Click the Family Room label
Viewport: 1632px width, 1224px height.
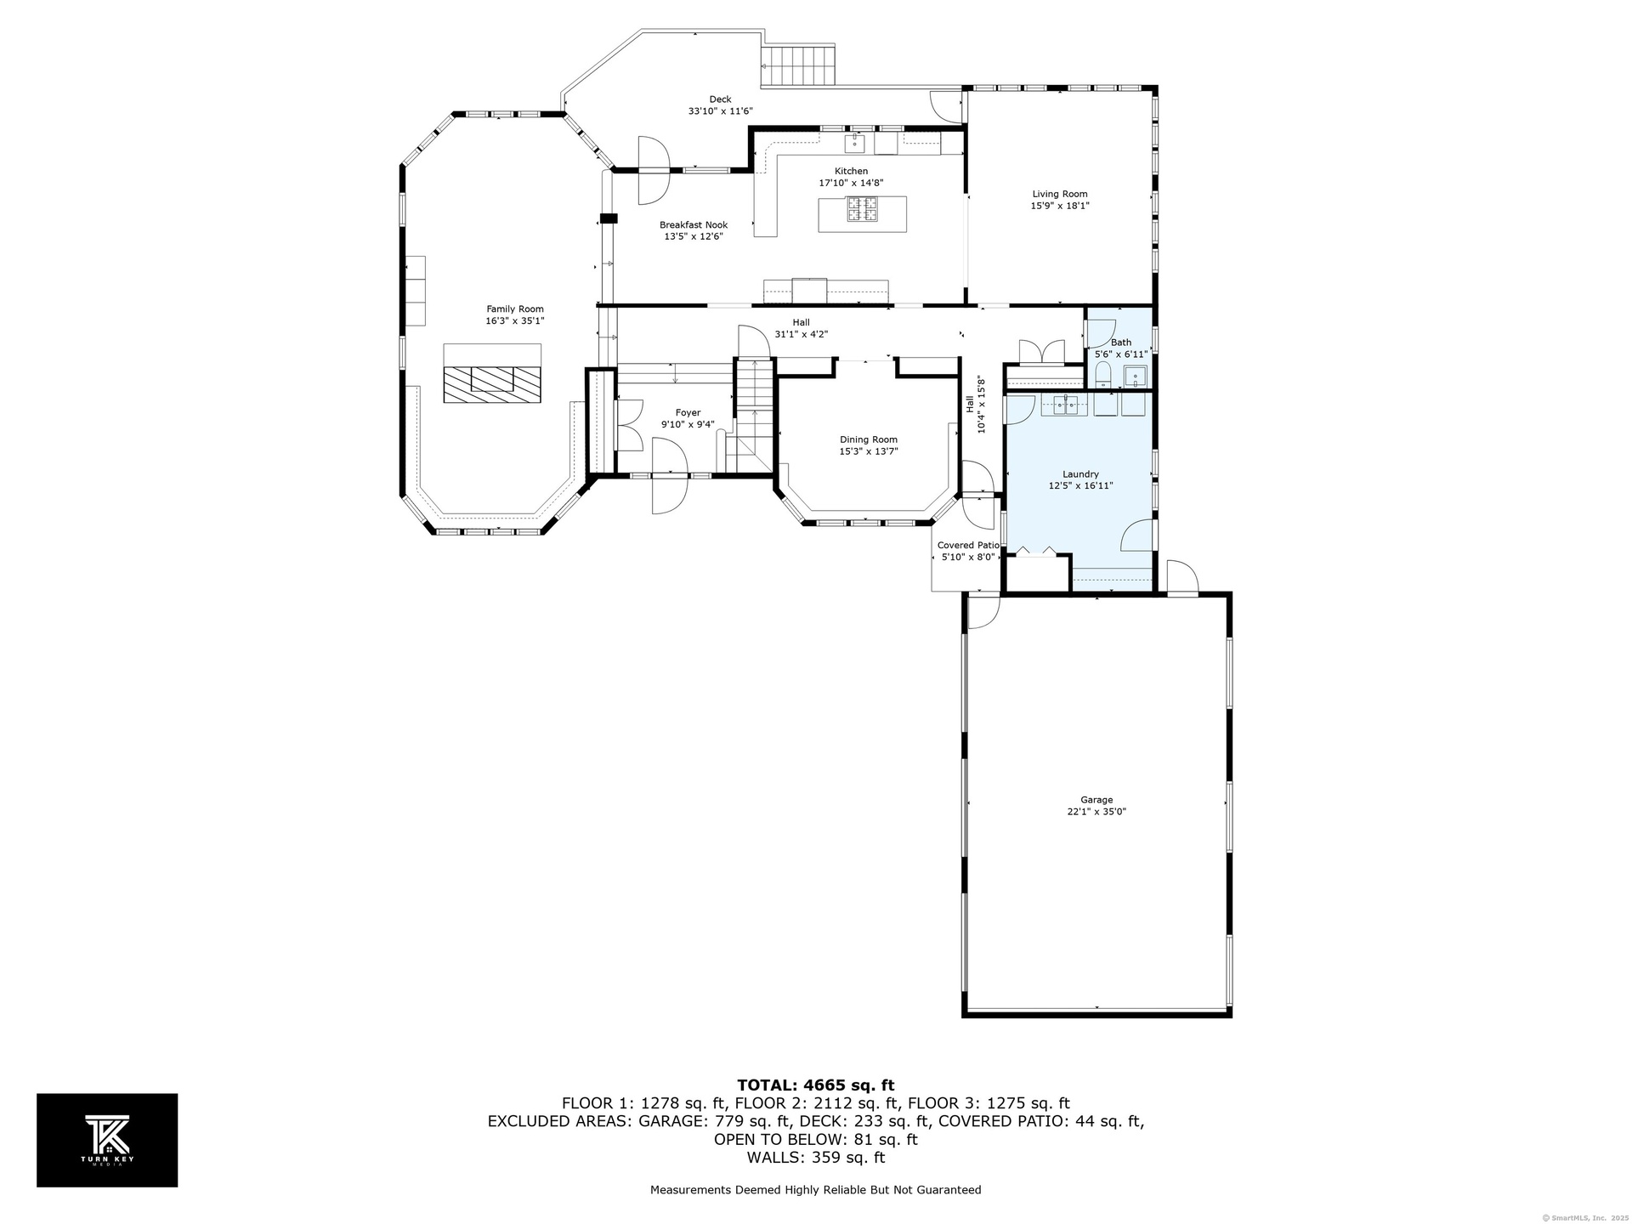click(x=515, y=309)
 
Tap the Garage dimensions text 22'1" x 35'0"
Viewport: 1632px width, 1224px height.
click(x=1096, y=812)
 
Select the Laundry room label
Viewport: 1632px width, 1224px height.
click(x=1080, y=474)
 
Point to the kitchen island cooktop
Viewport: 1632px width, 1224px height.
click(x=862, y=208)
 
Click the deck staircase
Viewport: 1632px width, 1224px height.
click(x=800, y=65)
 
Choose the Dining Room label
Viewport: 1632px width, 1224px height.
click(x=869, y=439)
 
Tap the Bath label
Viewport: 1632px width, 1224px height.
click(x=1121, y=343)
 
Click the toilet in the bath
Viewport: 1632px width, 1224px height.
click(x=1103, y=375)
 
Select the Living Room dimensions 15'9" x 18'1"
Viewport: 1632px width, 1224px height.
click(x=1060, y=206)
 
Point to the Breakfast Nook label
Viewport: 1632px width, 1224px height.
click(x=694, y=225)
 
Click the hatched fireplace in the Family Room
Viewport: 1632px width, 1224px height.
click(x=491, y=384)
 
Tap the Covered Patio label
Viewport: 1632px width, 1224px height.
click(x=968, y=546)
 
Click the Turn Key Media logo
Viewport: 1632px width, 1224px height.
click(x=107, y=1140)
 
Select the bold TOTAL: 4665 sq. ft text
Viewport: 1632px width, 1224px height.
click(x=815, y=1085)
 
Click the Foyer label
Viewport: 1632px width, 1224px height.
click(x=688, y=413)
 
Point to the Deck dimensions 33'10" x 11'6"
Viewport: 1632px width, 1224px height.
click(x=720, y=111)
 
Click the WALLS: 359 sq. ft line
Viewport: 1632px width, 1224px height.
click(x=815, y=1158)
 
